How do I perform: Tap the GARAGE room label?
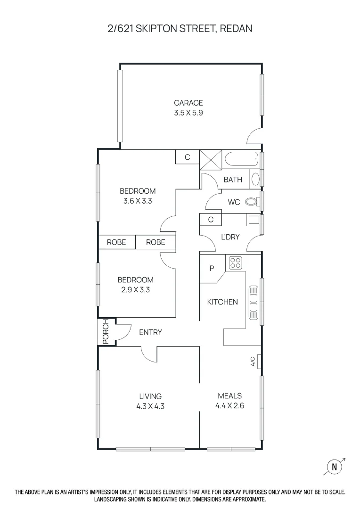(x=188, y=103)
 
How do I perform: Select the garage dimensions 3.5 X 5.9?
(x=188, y=113)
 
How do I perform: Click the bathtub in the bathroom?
(x=242, y=160)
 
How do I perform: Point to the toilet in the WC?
(x=252, y=202)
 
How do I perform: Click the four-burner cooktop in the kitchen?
(x=235, y=263)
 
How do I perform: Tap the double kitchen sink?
(x=253, y=301)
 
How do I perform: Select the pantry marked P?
(x=212, y=268)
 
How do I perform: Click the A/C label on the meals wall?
(x=253, y=361)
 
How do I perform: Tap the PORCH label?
(x=106, y=332)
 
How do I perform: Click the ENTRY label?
(x=150, y=332)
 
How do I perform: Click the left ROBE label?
(x=116, y=242)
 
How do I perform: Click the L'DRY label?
(x=230, y=237)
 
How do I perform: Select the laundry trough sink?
(x=254, y=220)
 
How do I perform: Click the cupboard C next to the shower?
(x=187, y=157)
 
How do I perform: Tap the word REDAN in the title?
(x=236, y=29)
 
